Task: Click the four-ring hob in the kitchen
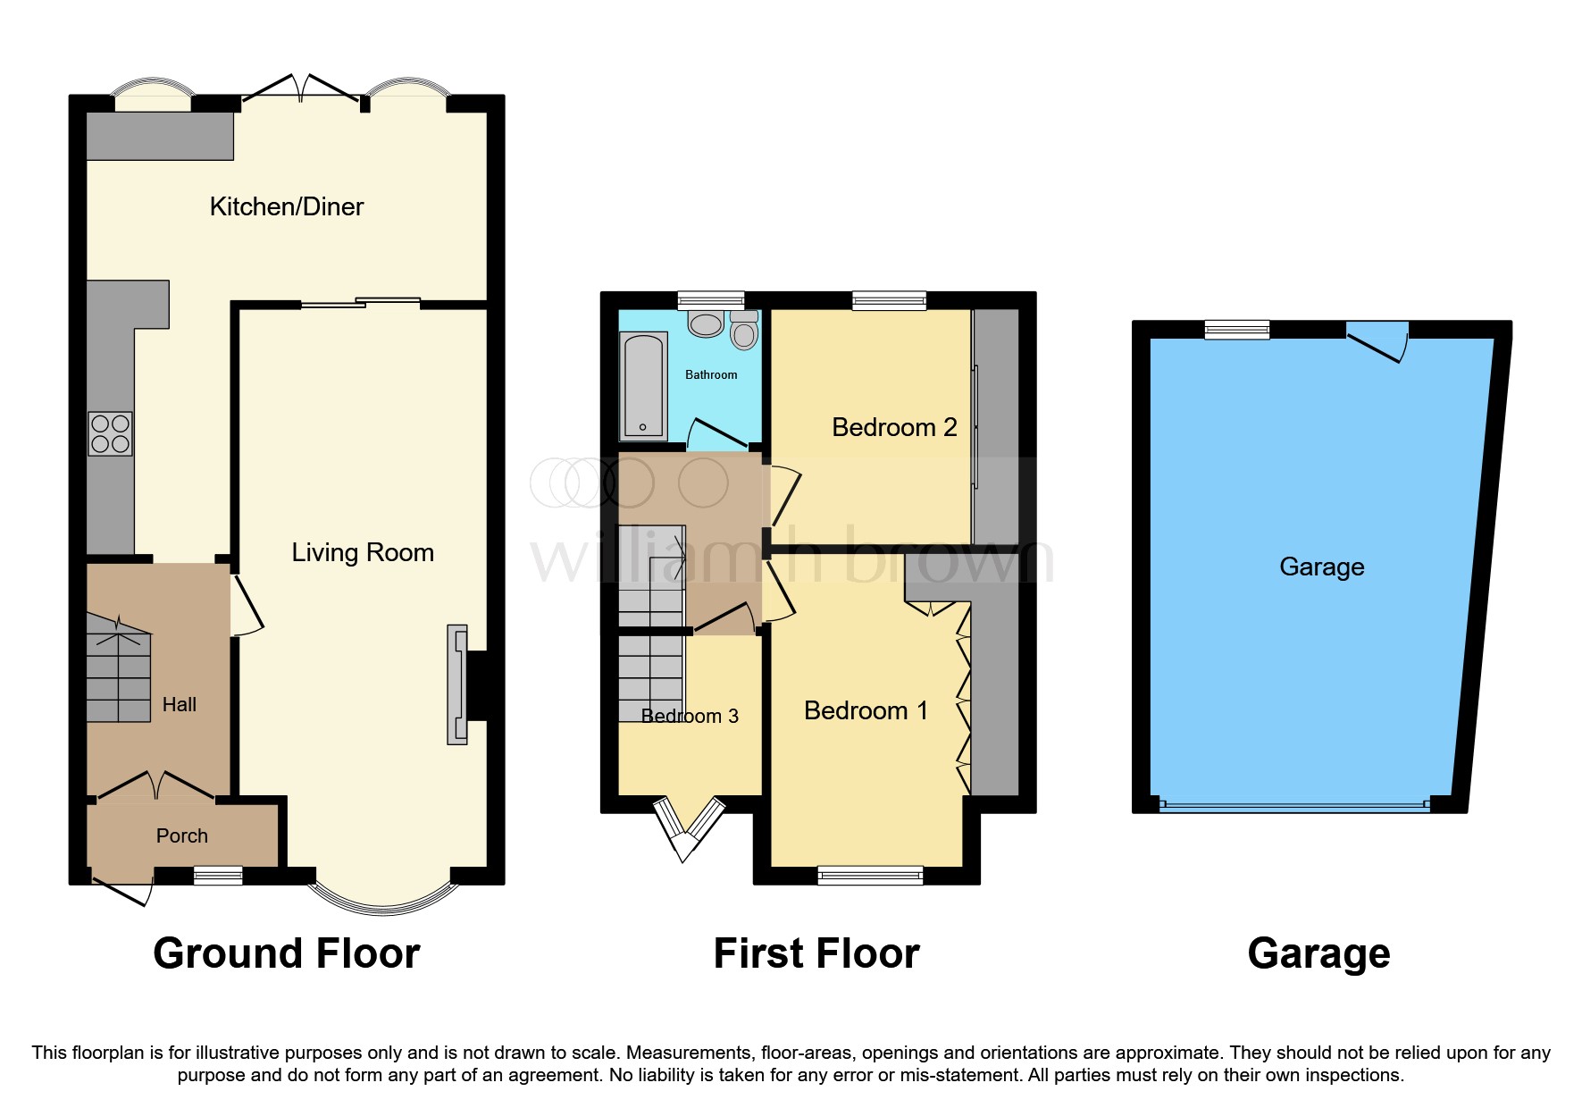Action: tap(110, 433)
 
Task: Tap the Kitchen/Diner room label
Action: tap(287, 206)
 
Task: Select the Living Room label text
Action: tap(363, 552)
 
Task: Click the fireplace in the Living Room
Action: tap(458, 684)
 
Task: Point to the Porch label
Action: tap(181, 835)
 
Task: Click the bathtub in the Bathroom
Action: tap(643, 386)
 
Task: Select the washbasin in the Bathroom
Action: tap(706, 323)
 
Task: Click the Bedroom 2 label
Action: tap(894, 427)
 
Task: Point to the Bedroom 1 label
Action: tap(866, 710)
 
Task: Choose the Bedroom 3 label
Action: tap(690, 716)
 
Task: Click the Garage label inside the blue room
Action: tap(1321, 567)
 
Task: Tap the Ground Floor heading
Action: tap(286, 953)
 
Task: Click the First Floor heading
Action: tap(816, 953)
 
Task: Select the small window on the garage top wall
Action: tap(1236, 330)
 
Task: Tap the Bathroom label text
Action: tap(711, 374)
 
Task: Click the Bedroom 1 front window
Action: tap(870, 875)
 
